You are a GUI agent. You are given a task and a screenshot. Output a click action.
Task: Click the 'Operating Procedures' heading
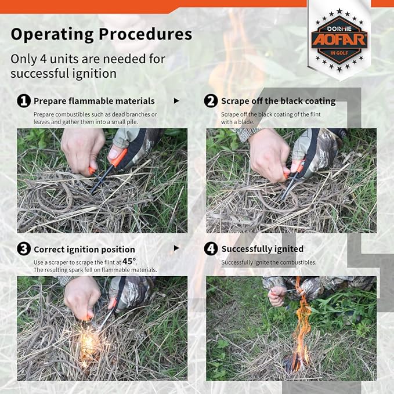102,34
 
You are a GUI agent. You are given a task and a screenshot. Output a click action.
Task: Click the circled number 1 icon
24,101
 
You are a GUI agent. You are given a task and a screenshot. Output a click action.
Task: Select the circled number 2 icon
211,101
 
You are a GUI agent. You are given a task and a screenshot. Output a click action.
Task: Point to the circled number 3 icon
24,249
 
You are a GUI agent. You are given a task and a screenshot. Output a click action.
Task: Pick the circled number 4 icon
211,249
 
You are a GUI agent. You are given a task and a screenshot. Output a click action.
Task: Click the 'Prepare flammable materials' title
94,101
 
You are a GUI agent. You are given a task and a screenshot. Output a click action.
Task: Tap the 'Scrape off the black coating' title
278,101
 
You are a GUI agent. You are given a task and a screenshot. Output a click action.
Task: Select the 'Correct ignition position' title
84,250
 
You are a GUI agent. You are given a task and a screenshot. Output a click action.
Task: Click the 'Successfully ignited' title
262,249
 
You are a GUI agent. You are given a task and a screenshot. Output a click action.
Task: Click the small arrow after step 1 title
176,101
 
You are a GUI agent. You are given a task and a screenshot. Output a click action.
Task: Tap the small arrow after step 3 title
176,248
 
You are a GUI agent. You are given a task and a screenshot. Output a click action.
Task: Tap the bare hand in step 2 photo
268,154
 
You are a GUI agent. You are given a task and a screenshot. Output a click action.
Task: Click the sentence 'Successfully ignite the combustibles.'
269,262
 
